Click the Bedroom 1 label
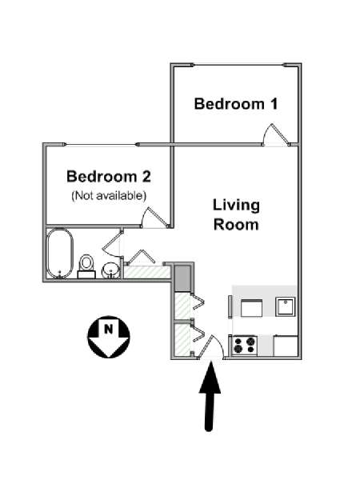click(x=236, y=104)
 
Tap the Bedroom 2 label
click(x=109, y=177)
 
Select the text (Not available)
click(x=109, y=195)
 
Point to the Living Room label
click(x=236, y=214)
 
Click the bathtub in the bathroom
click(x=60, y=253)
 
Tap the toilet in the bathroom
click(x=86, y=266)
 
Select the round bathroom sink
click(x=111, y=270)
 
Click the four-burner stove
click(x=245, y=345)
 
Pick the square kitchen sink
click(x=286, y=306)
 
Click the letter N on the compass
click(x=108, y=329)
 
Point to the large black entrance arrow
click(x=210, y=396)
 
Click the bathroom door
click(x=113, y=243)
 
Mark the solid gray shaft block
click(x=182, y=278)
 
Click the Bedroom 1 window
click(x=238, y=65)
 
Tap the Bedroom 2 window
click(x=101, y=145)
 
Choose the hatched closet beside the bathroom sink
click(x=146, y=272)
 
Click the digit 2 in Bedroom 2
click(x=146, y=177)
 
